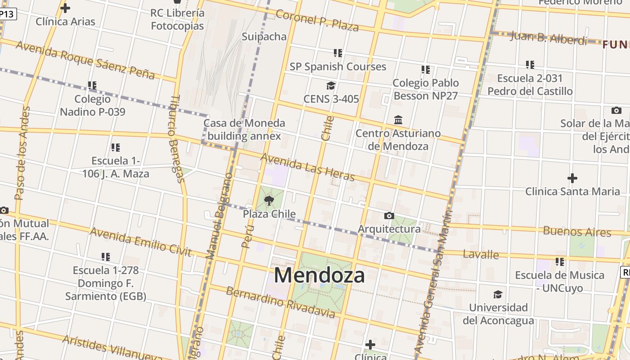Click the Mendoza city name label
pos(319,275)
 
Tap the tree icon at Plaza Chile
pos(269,201)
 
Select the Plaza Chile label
pos(269,214)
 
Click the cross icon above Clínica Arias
pos(65,8)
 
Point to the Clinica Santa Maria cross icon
pos(572,178)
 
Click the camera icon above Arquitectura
pos(389,216)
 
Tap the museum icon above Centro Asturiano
pos(398,120)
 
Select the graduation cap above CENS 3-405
pos(331,85)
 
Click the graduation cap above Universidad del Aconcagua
pos(498,294)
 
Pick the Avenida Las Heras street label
pos(307,166)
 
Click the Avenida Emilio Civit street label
pos(141,242)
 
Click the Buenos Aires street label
pos(577,232)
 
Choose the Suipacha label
pos(264,36)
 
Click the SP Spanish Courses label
pos(337,67)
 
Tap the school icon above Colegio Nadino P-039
pos(92,85)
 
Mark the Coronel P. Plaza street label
pos(317,20)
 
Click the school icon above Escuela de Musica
pos(560,261)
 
